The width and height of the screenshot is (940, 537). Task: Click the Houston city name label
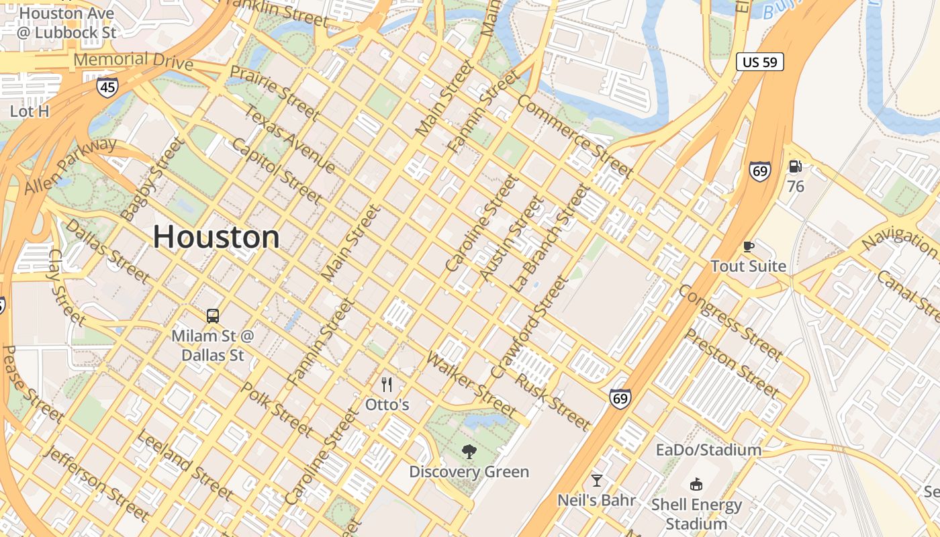point(216,237)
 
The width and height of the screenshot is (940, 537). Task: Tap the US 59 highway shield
point(759,62)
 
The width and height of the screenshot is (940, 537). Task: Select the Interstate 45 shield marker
point(107,87)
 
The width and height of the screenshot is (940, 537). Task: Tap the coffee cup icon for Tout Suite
point(748,246)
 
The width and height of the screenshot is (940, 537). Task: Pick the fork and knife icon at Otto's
point(387,385)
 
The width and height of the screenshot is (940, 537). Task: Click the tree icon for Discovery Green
point(469,452)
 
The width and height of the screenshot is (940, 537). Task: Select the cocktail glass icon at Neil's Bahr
point(596,480)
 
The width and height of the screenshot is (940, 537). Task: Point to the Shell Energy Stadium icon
point(696,484)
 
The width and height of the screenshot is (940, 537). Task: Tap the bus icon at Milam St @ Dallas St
point(212,315)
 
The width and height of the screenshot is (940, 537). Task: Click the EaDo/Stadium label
point(708,450)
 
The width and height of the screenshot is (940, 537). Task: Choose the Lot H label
point(30,111)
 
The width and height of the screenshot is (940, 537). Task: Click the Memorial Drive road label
point(133,60)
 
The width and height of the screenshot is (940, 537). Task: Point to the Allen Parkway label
point(70,166)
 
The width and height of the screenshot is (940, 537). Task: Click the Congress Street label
point(730,322)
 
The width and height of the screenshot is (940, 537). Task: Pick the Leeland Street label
point(185,465)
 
